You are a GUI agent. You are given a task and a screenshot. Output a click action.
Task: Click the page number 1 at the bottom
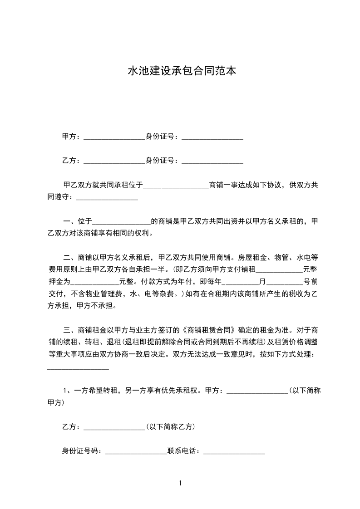point(180,483)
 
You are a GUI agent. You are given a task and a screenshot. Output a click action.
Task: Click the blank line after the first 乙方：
point(114,162)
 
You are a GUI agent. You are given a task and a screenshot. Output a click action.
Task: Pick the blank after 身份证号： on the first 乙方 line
point(212,162)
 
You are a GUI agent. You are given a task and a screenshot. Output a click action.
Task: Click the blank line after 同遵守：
point(107,198)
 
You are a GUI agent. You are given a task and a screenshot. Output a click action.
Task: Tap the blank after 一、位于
point(121,223)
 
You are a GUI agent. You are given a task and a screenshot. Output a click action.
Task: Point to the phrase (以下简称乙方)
point(171,427)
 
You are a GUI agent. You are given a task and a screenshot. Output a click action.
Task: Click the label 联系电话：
point(185,451)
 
